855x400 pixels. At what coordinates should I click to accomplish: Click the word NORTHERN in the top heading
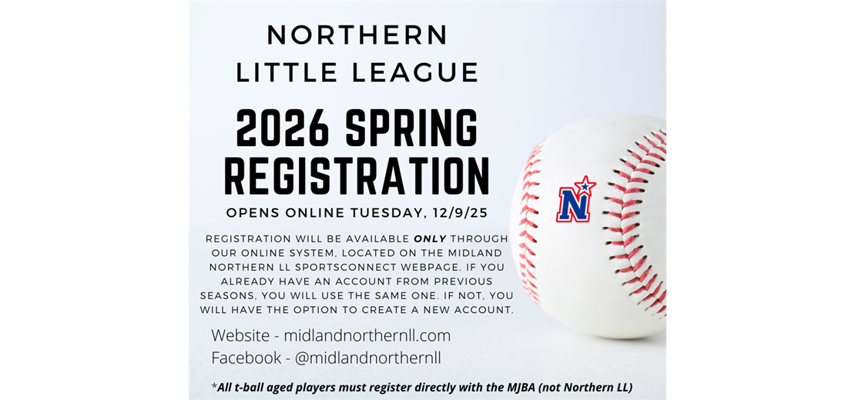[x=357, y=35]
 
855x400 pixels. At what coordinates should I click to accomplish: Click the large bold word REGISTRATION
[x=357, y=176]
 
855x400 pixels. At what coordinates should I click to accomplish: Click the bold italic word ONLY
[x=430, y=238]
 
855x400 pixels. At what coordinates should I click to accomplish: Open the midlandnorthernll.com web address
[x=367, y=335]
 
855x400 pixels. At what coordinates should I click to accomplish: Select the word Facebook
[x=246, y=358]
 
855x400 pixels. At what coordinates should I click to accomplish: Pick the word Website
[x=241, y=335]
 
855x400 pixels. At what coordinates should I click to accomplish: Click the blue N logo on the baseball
[x=573, y=204]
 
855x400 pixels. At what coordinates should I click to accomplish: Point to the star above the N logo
[x=585, y=185]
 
